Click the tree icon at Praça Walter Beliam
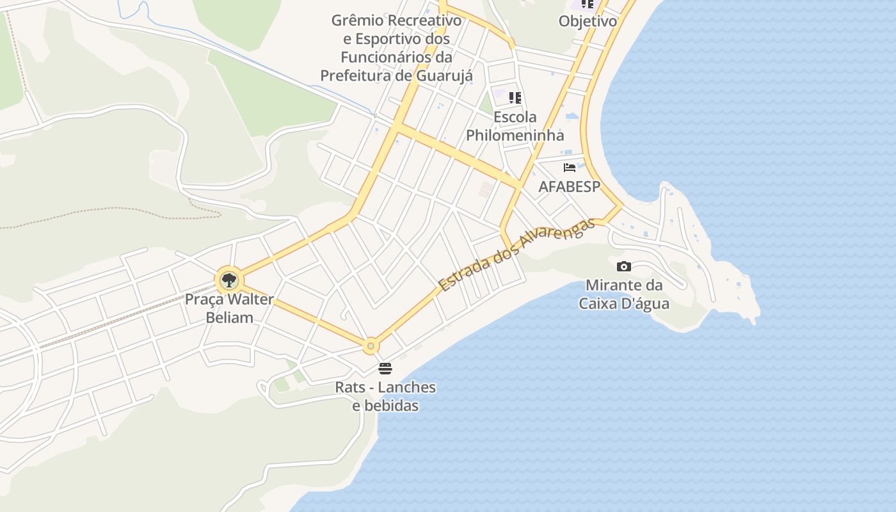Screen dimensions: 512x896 [x=228, y=280]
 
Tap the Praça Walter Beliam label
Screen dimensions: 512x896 [x=229, y=308]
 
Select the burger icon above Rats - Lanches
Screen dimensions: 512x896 [x=385, y=369]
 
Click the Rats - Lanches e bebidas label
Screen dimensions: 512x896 [x=385, y=396]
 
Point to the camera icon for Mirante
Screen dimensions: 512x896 [x=624, y=266]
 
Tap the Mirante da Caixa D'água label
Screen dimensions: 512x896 [x=624, y=294]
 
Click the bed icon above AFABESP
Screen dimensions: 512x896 [x=570, y=168]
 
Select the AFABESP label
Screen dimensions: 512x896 [x=570, y=186]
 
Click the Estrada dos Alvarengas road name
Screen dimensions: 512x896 [x=516, y=255]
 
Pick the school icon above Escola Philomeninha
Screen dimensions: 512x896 [x=515, y=98]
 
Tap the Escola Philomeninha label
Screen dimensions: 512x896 [x=515, y=126]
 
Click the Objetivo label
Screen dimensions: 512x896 [x=588, y=21]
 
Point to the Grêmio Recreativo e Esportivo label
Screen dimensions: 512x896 [x=396, y=48]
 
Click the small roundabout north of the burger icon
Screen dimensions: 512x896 [x=371, y=346]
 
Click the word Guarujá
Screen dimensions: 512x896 [x=444, y=76]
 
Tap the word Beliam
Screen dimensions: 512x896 [x=229, y=317]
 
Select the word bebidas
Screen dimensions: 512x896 [x=385, y=406]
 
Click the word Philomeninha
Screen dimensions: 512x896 [x=515, y=135]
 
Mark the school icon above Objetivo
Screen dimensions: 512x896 [x=588, y=4]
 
